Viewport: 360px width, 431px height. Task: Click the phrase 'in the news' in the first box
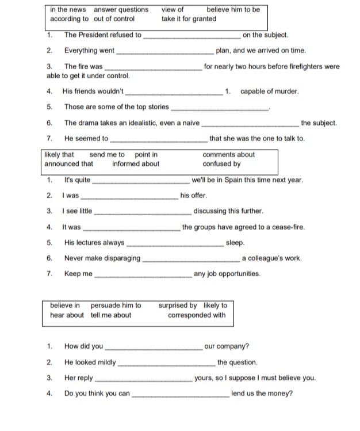coord(68,9)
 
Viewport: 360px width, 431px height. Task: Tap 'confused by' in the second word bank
coord(221,163)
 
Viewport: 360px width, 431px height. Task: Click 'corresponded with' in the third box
coord(197,315)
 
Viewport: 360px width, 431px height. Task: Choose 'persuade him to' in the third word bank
coord(116,305)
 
